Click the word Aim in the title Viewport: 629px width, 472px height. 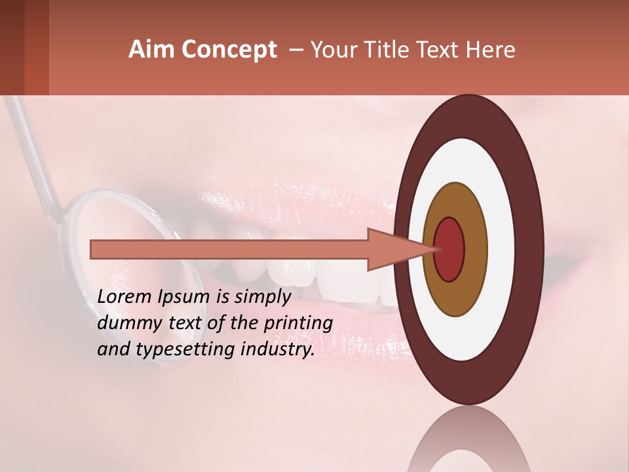click(x=151, y=50)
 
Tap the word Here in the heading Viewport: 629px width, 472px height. click(x=493, y=50)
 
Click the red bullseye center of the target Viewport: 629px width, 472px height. click(x=449, y=249)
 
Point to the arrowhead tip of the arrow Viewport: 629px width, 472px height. click(x=435, y=249)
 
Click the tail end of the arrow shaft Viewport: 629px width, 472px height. click(x=93, y=249)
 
